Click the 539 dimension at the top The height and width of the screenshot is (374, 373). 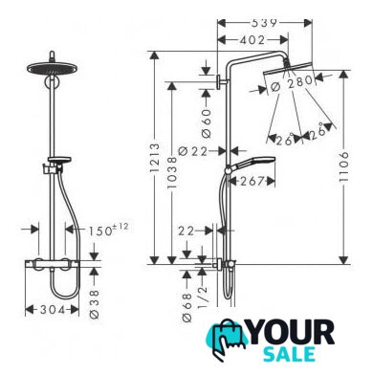264,23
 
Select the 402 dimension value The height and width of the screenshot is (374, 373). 252,40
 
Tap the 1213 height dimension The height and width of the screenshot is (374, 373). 155,158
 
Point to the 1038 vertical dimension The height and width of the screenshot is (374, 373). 172,172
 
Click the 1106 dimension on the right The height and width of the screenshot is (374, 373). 344,166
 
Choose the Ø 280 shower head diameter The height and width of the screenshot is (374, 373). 292,82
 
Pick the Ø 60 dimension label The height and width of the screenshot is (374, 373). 207,123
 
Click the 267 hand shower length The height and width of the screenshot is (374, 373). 252,181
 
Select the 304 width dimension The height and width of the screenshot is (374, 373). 53,310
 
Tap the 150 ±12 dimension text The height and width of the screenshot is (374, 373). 108,230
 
